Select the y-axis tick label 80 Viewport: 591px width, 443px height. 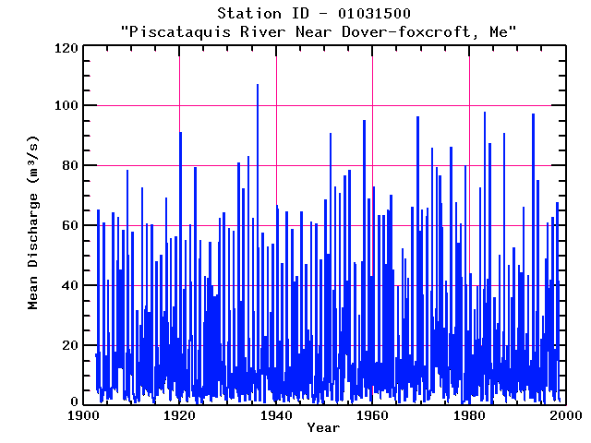tap(66, 165)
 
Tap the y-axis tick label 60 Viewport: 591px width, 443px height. tap(66, 225)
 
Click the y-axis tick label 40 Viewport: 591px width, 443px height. tap(66, 285)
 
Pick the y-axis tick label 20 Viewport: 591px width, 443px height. tap(66, 345)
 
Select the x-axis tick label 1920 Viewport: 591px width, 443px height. tap(179, 415)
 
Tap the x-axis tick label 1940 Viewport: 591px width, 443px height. tap(276, 415)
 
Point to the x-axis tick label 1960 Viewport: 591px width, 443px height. tap(372, 415)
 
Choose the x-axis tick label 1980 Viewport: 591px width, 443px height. tap(469, 415)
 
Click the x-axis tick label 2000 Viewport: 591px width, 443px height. tap(564, 415)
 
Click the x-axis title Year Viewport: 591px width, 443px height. tap(323, 428)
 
